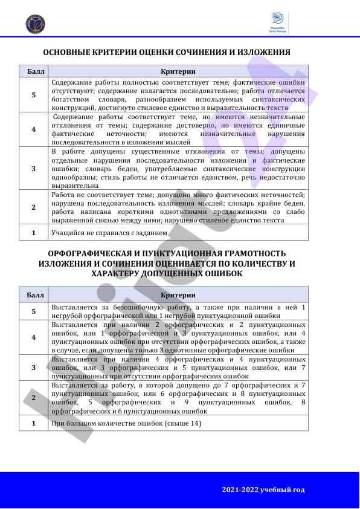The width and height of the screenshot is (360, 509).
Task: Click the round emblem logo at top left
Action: (35, 24)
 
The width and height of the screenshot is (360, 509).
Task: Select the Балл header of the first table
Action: (35, 71)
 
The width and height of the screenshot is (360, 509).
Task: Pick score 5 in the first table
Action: (34, 95)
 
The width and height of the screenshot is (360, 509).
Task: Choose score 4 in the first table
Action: (34, 129)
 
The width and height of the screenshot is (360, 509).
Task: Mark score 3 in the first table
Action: (34, 168)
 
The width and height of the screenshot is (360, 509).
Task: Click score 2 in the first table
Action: (34, 207)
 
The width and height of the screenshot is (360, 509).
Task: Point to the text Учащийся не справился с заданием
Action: (109, 232)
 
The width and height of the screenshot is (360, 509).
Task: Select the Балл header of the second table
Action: (35, 295)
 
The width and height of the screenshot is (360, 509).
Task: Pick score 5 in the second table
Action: (34, 311)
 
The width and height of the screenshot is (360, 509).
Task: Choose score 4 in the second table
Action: (34, 337)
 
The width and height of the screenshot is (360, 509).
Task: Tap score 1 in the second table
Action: (34, 423)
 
